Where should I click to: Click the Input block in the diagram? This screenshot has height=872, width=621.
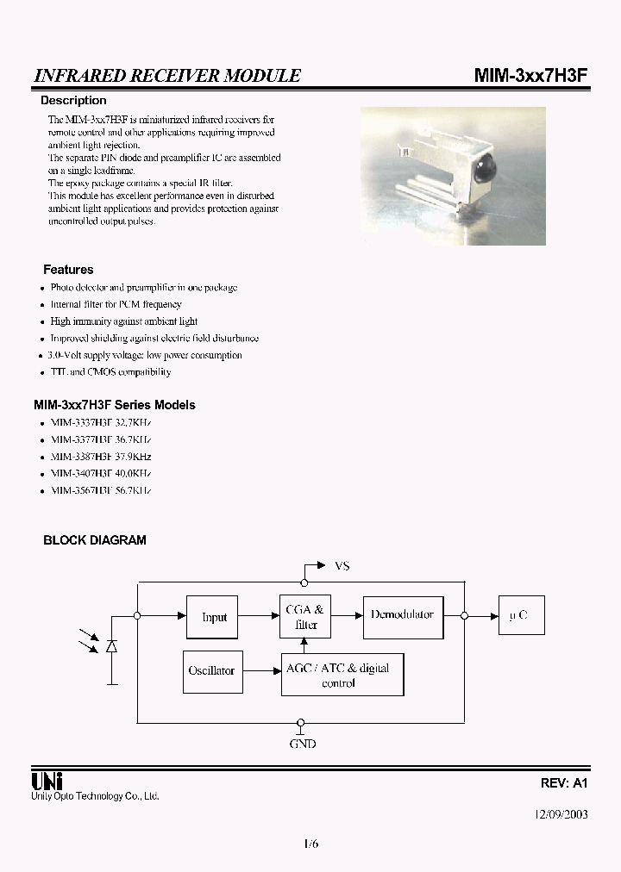[x=213, y=617]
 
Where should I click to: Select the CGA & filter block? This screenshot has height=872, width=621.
[x=304, y=617]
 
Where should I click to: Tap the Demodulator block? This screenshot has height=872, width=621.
[x=401, y=616]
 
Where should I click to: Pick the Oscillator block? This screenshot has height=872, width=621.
[x=211, y=670]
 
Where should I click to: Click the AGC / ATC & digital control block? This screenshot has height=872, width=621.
[x=342, y=675]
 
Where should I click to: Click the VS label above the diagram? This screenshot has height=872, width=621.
[x=342, y=566]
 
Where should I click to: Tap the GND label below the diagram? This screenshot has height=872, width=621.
[x=301, y=744]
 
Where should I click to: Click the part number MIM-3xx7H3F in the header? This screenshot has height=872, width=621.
[x=530, y=76]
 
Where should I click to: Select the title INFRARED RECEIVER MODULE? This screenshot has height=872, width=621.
[x=167, y=76]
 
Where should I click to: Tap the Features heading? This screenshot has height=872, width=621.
[x=68, y=270]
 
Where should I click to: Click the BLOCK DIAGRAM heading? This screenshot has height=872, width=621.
[x=95, y=540]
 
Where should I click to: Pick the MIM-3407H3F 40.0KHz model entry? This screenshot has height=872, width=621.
[x=101, y=473]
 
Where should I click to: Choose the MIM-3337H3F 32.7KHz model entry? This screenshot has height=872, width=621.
[x=101, y=423]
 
